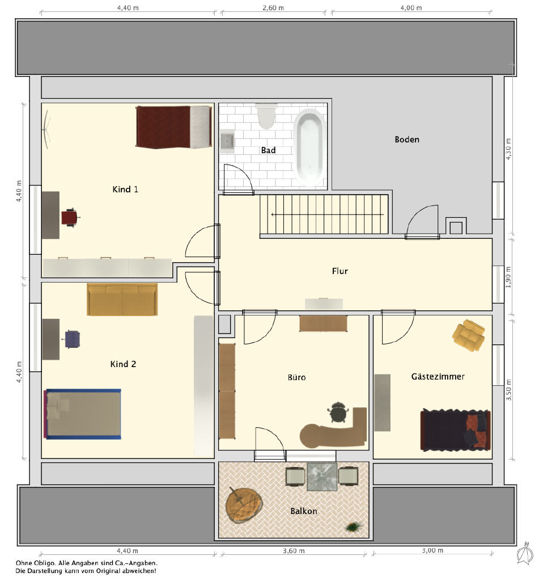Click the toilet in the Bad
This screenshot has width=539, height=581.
[266, 116]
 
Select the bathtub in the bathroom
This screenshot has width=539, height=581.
[310, 147]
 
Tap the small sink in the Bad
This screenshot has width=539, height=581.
[227, 141]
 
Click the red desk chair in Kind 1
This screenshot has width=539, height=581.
[70, 217]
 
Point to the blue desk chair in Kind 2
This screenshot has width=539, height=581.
[72, 339]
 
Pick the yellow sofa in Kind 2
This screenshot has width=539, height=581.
[122, 300]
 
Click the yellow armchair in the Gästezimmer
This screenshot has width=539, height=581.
[469, 335]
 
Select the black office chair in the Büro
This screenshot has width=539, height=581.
[338, 412]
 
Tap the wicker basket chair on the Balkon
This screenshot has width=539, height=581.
[244, 505]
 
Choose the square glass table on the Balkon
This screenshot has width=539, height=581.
[322, 476]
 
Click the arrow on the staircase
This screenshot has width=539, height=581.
[327, 214]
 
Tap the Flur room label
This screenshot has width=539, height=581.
[340, 271]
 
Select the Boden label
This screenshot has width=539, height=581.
[407, 140]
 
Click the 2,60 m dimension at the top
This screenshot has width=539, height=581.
[273, 8]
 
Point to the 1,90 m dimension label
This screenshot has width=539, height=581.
[508, 277]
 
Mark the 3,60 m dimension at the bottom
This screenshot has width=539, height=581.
[294, 551]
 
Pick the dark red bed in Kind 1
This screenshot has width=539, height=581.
[174, 127]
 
